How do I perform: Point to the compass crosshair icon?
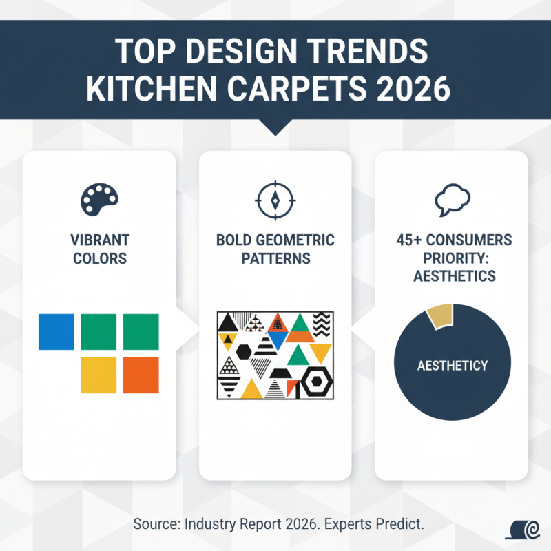click(x=275, y=200)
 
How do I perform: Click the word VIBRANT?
click(x=100, y=241)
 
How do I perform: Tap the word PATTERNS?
click(x=275, y=259)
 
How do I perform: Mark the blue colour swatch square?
click(x=56, y=331)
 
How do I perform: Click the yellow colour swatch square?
click(x=98, y=375)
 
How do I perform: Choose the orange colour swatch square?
click(x=141, y=375)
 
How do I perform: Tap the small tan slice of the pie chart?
click(x=441, y=314)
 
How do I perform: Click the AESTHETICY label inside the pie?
click(x=453, y=365)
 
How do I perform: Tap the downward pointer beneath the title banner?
click(x=275, y=127)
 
